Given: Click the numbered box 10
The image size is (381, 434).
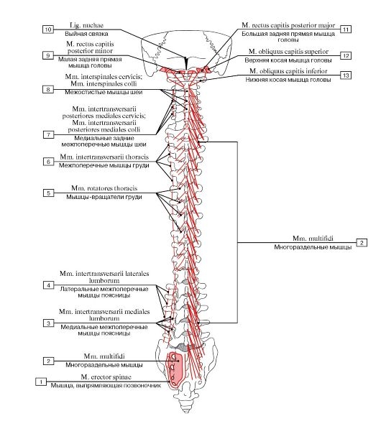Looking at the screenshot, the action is pyautogui.click(x=48, y=29).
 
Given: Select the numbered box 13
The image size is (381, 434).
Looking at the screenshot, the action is pyautogui.click(x=346, y=75).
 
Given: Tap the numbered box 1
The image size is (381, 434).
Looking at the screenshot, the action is pyautogui.click(x=41, y=382).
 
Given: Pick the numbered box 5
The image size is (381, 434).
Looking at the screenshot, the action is pyautogui.click(x=48, y=193).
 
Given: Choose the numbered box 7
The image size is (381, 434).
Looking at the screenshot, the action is pyautogui.click(x=48, y=135).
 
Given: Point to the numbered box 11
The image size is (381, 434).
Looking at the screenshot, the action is pyautogui.click(x=346, y=29).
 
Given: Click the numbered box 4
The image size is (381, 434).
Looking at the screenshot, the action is pyautogui.click(x=48, y=285).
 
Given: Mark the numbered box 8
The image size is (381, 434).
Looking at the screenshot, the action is pyautogui.click(x=48, y=89).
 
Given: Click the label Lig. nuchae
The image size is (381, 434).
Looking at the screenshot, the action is pyautogui.click(x=87, y=25).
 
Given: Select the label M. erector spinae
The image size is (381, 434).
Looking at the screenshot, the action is pyautogui.click(x=106, y=377).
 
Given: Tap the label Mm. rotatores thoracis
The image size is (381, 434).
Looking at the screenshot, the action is pyautogui.click(x=104, y=188).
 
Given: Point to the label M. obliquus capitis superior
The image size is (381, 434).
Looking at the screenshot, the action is pyautogui.click(x=288, y=52).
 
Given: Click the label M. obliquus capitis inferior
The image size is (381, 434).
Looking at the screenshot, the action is pyautogui.click(x=288, y=71).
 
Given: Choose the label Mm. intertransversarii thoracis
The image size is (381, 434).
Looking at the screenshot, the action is pyautogui.click(x=104, y=157).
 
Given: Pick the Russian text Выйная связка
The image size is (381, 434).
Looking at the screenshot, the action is pyautogui.click(x=87, y=34).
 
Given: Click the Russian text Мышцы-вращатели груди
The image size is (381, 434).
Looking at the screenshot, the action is pyautogui.click(x=104, y=197).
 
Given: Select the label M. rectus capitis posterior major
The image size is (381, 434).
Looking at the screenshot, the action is pyautogui.click(x=288, y=25).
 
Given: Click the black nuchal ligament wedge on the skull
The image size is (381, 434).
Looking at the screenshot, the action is pyautogui.click(x=186, y=63).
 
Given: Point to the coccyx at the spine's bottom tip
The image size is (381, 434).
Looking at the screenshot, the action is pyautogui.click(x=185, y=407).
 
